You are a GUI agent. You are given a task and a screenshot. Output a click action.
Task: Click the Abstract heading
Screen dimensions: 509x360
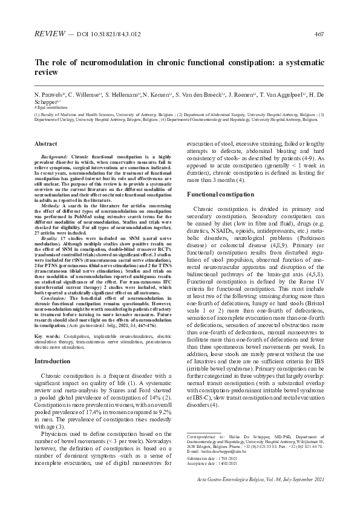(46, 144)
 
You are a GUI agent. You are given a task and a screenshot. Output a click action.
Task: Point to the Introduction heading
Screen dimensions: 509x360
(52, 361)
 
